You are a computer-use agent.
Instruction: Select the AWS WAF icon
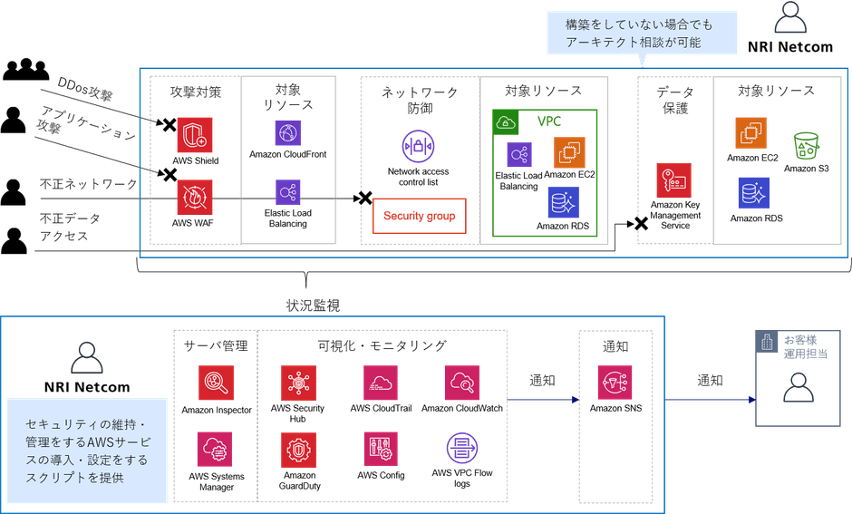coord(194,196)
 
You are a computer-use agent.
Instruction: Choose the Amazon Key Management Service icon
coord(673,180)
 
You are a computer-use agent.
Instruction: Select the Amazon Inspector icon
coord(216,382)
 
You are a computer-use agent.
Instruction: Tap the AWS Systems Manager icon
coord(215,448)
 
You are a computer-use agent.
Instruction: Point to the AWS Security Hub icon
coord(296,382)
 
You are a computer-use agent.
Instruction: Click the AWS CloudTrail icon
coord(381,382)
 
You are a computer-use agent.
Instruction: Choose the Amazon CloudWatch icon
coord(461,382)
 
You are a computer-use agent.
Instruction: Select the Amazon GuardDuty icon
coord(297,449)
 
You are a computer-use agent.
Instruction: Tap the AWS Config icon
coord(380,448)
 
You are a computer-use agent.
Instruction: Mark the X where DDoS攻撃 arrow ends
coord(168,128)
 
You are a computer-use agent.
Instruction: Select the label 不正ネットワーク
coord(89,184)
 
